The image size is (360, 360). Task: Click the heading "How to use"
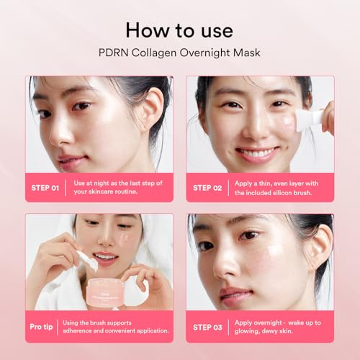click(x=179, y=30)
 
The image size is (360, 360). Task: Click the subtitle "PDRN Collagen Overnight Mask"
click(x=179, y=53)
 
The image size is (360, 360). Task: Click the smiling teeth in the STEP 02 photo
click(x=255, y=154)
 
